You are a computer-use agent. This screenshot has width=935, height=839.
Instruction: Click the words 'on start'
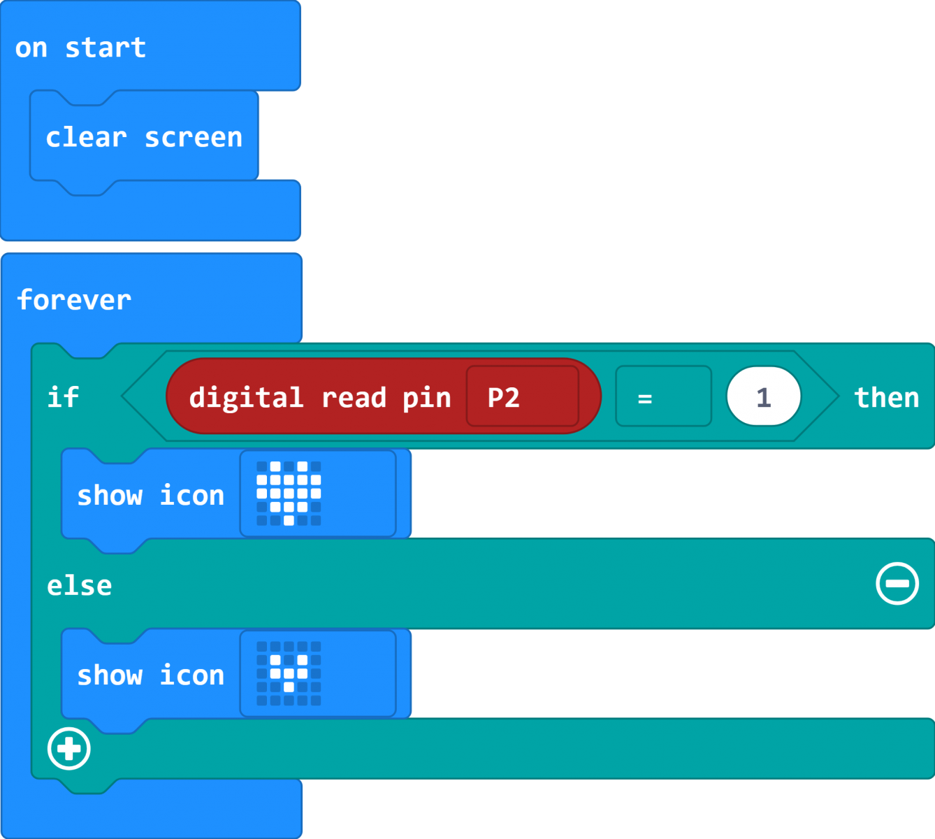point(80,48)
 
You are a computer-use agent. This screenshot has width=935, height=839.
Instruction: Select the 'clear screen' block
point(144,138)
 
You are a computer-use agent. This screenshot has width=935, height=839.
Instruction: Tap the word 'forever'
point(74,300)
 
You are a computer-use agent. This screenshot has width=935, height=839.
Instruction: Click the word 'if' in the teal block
point(63,397)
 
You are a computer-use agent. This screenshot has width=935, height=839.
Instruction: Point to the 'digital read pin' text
point(320,398)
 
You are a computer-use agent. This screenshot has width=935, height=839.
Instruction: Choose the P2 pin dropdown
point(523,396)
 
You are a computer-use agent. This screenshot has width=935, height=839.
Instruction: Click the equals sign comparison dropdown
point(664,396)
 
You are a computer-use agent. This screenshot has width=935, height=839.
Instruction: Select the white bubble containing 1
point(764,396)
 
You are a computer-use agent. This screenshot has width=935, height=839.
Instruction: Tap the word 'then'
point(887,398)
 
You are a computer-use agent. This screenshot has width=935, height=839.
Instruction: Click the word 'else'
point(80,585)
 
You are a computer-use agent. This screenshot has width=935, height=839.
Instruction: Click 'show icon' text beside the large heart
point(150,495)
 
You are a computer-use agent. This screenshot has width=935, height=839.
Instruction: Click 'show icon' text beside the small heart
point(150,675)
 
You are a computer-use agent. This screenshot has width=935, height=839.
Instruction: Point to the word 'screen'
point(194,138)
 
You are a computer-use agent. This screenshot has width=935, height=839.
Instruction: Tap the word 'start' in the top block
point(106,48)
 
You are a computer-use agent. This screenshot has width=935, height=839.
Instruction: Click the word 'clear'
point(86,137)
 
